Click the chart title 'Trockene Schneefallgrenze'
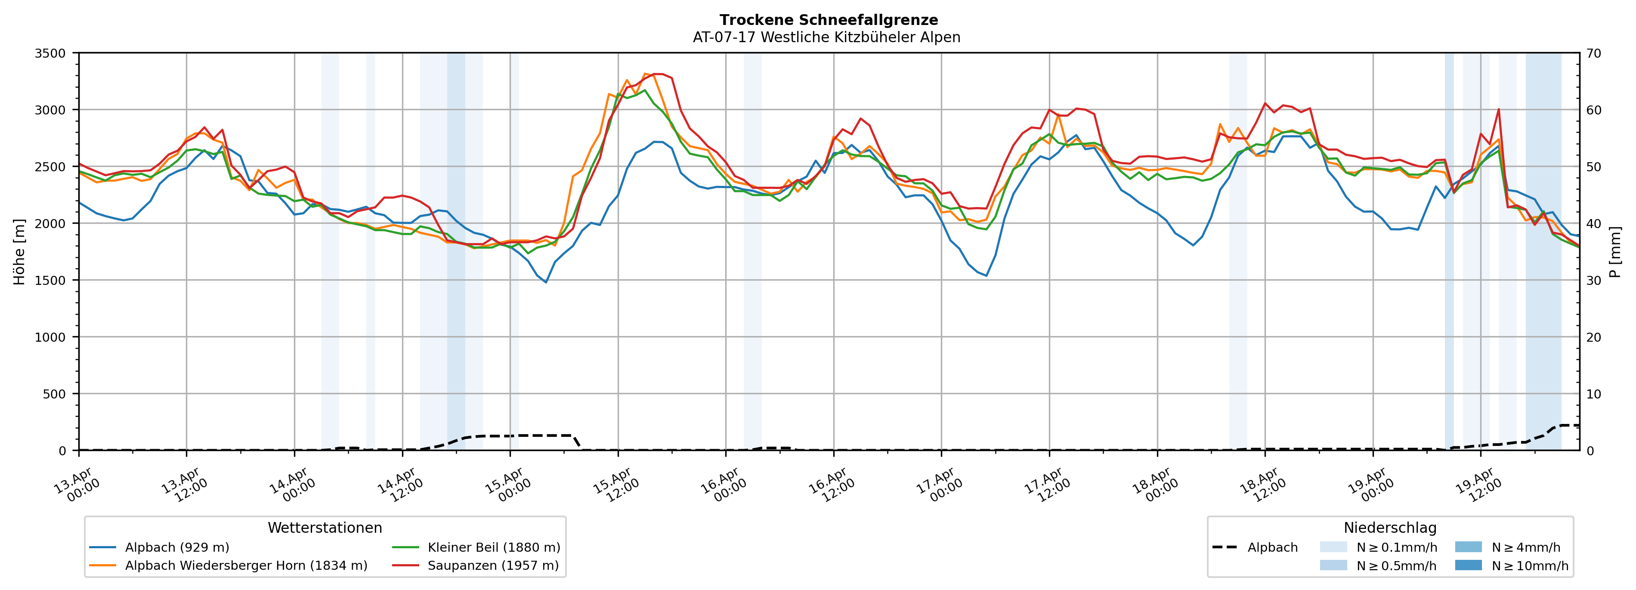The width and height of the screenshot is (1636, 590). tap(828, 20)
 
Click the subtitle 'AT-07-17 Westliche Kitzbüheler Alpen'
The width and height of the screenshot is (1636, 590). tap(826, 37)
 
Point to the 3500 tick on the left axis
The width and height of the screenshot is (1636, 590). tap(50, 53)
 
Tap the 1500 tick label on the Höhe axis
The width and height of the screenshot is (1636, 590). tap(50, 281)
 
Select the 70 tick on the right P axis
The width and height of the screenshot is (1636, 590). tap(1593, 53)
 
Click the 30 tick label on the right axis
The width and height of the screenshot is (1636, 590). tap(1593, 281)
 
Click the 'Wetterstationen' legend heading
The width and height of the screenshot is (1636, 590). tap(325, 528)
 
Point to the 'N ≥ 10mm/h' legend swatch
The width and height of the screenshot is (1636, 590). tap(1468, 565)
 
